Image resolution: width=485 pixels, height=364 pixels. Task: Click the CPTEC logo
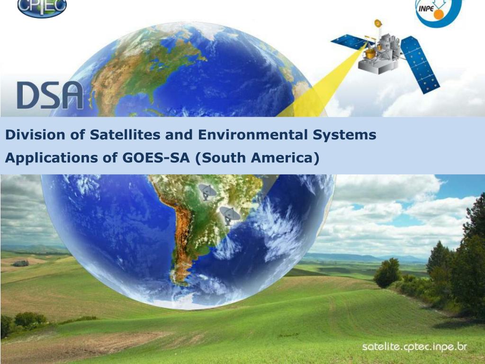42,7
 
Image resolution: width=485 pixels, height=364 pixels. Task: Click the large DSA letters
50,95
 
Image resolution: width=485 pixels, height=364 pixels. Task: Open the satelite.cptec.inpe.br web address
414,347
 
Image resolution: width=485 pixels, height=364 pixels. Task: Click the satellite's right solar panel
420,64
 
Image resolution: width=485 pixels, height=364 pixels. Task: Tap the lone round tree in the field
388,273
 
